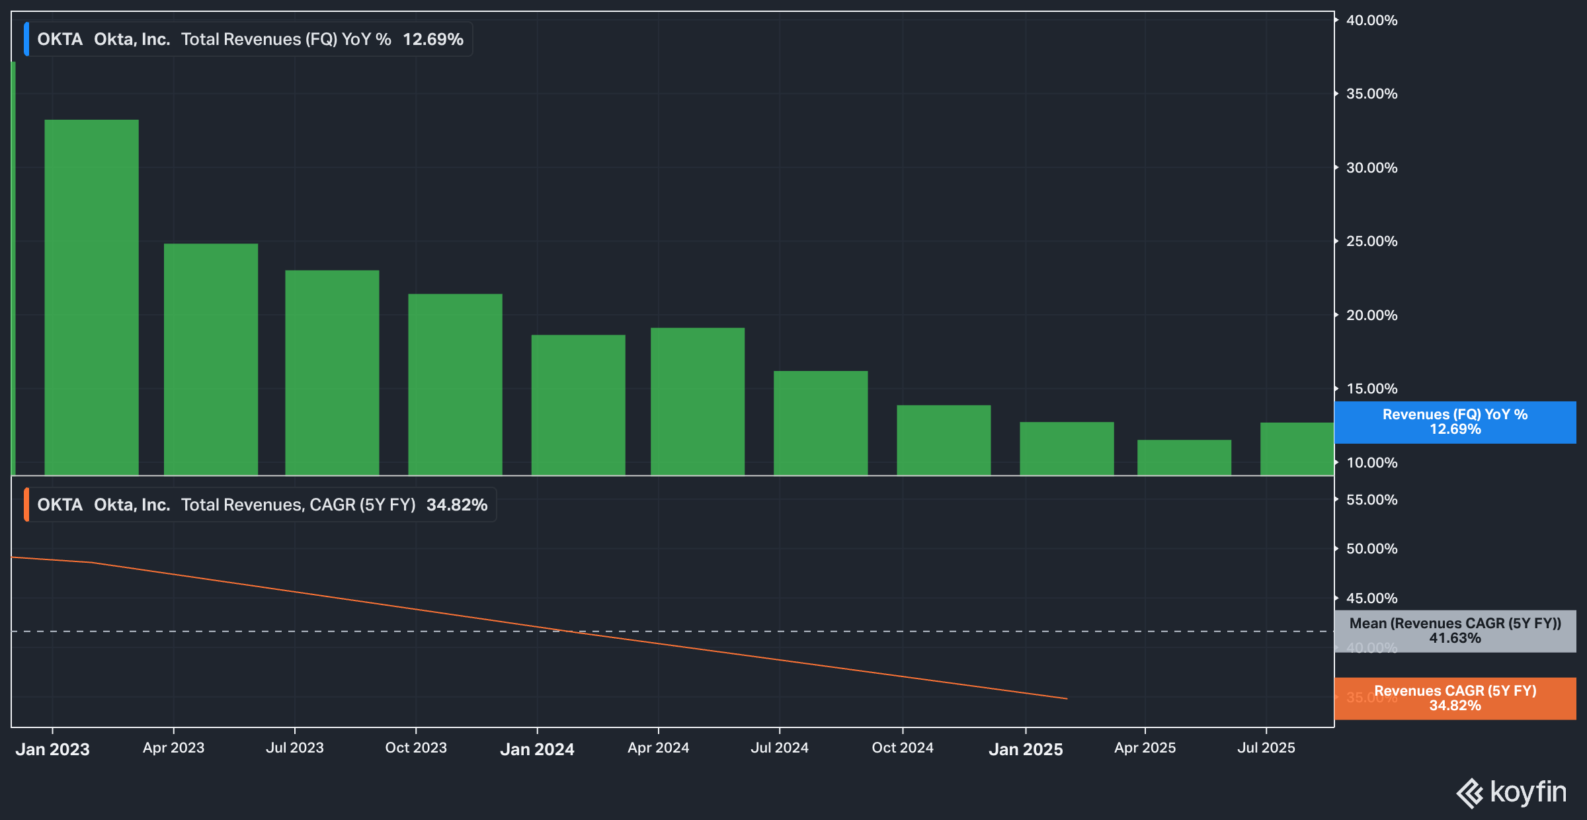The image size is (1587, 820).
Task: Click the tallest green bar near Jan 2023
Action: pyautogui.click(x=91, y=298)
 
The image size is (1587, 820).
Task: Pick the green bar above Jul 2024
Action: pyautogui.click(x=820, y=423)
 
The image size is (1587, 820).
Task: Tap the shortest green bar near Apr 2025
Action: pyautogui.click(x=1184, y=457)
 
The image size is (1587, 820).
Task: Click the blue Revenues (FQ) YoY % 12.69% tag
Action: pyautogui.click(x=1455, y=422)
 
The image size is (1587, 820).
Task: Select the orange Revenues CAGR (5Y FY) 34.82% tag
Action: pyautogui.click(x=1455, y=698)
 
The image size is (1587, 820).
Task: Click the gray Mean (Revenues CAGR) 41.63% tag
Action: pyautogui.click(x=1455, y=631)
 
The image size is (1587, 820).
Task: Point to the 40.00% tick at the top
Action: pyautogui.click(x=1371, y=20)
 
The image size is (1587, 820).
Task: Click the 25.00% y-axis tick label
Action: pyautogui.click(x=1371, y=241)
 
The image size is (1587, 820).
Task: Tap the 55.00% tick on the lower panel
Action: pyautogui.click(x=1371, y=500)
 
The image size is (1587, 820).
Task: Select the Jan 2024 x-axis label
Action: pyautogui.click(x=537, y=749)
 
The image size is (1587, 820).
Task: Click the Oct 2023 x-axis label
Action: pyautogui.click(x=416, y=748)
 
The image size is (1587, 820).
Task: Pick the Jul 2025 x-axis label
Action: pyautogui.click(x=1266, y=748)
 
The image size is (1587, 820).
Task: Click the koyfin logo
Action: pyautogui.click(x=1512, y=792)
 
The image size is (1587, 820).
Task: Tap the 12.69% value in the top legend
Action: pyautogui.click(x=433, y=40)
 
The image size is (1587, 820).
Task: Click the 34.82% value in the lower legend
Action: pyautogui.click(x=456, y=505)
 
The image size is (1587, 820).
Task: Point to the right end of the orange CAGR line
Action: pyautogui.click(x=1066, y=698)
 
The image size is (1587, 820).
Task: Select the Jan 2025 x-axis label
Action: pyautogui.click(x=1025, y=749)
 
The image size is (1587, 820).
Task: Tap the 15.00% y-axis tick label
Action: pyautogui.click(x=1371, y=389)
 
